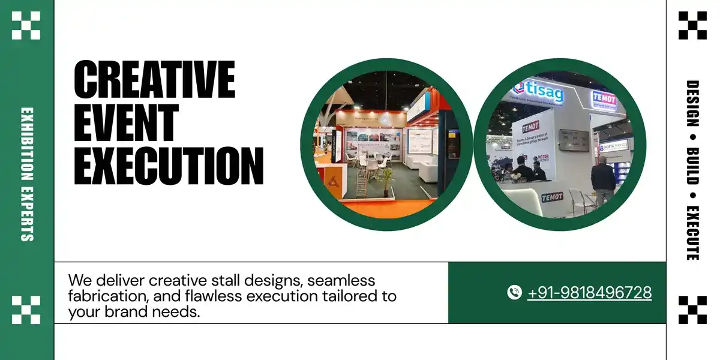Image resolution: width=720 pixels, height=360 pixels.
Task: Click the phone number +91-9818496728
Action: [x=589, y=293]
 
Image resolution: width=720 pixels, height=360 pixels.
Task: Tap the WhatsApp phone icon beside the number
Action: [x=514, y=293]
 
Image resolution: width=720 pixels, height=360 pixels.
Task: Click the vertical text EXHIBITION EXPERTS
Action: [x=27, y=174]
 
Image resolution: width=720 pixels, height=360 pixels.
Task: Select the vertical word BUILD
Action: [x=692, y=166]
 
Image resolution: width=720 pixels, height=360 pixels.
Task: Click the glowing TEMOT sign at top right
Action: [x=604, y=97]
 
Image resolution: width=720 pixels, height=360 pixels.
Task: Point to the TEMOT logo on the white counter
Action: [x=552, y=197]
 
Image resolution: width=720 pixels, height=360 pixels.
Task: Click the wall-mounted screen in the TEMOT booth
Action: [x=569, y=140]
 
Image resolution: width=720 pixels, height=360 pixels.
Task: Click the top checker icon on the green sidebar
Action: [x=26, y=25]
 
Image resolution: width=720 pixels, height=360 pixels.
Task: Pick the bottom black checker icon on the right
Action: [x=692, y=310]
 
